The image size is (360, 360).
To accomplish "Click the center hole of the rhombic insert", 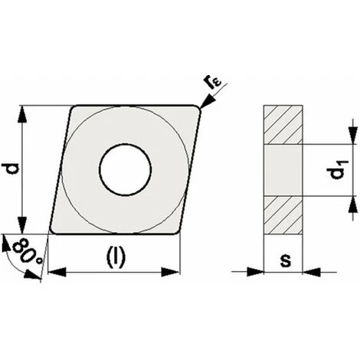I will point(125,168).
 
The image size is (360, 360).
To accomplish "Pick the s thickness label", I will point(285,260).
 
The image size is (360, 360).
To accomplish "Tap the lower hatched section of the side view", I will point(283,214).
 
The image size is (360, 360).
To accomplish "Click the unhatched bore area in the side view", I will point(283,169).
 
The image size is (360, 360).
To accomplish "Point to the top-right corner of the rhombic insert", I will point(199,108).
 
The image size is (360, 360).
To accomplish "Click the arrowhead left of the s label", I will point(257,270).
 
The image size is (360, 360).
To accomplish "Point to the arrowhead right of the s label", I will point(310,270).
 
